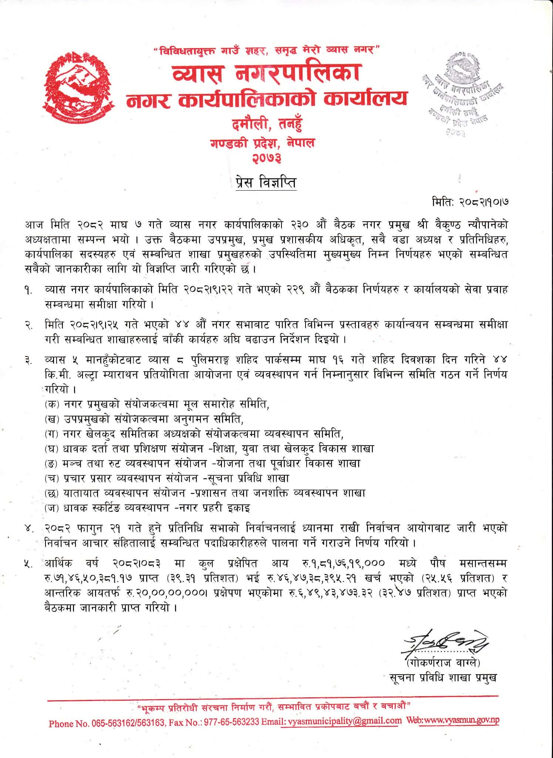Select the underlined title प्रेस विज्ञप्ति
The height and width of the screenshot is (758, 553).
pyautogui.click(x=266, y=182)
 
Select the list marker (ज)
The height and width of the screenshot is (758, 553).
pyautogui.click(x=51, y=508)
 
